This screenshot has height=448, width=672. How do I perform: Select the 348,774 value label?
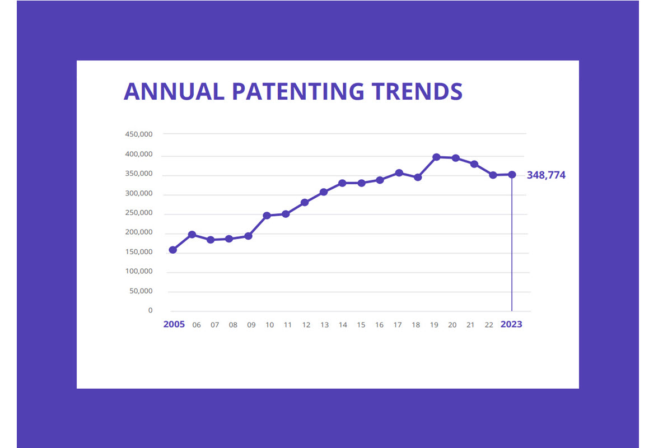[546, 175]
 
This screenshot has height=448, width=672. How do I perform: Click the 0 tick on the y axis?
[150, 311]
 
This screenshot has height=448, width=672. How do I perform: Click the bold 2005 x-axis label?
[174, 325]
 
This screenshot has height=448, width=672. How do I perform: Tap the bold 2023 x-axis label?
[511, 325]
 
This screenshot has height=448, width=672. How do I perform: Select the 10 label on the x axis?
[269, 325]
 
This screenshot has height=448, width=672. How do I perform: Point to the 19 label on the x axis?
[434, 325]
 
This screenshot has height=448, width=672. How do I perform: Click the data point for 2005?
[173, 250]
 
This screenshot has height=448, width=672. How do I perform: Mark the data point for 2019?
[436, 157]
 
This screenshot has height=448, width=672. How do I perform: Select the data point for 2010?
[267, 216]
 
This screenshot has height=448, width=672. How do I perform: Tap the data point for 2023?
[512, 175]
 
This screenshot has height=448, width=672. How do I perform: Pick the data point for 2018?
[417, 178]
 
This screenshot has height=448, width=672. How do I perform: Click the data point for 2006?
[192, 234]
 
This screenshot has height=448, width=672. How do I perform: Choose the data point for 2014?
[342, 183]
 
